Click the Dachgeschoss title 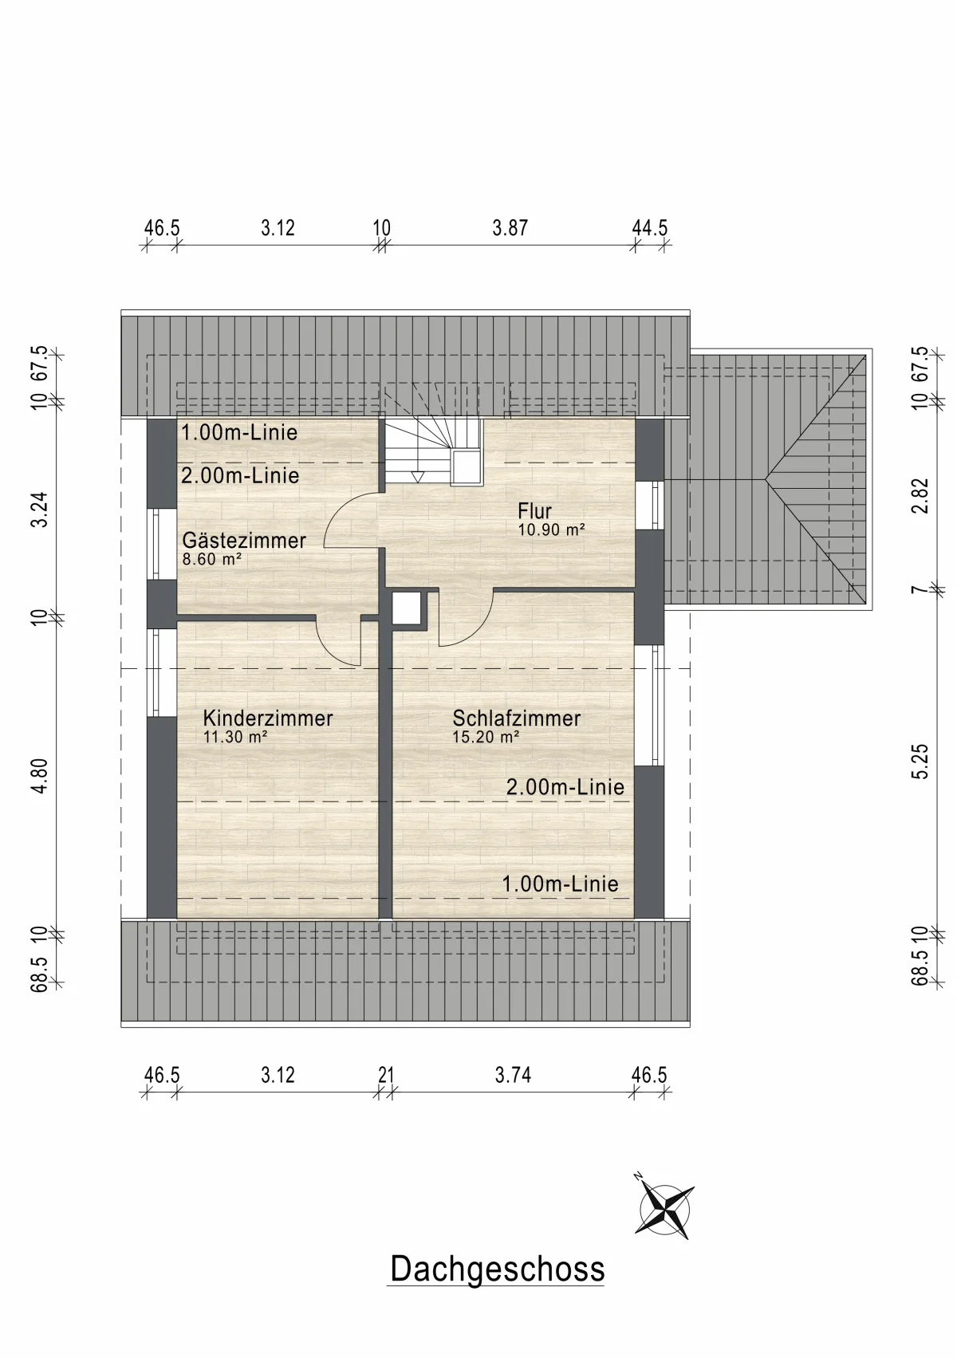tap(497, 1268)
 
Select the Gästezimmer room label tap(244, 540)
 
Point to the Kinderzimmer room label tap(267, 718)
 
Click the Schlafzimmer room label tap(516, 718)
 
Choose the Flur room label tap(534, 510)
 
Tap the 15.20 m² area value tap(485, 737)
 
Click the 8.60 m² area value tap(211, 559)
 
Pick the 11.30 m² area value tap(235, 737)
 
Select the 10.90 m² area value tap(550, 529)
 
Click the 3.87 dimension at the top tap(510, 229)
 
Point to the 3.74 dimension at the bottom tap(513, 1075)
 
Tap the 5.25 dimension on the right tap(920, 762)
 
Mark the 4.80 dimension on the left tap(40, 776)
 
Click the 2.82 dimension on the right tap(920, 497)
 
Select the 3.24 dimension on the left tap(40, 510)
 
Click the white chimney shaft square tap(407, 608)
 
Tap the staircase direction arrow tap(417, 477)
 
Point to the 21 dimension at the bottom tap(386, 1075)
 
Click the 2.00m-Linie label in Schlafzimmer tap(565, 787)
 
